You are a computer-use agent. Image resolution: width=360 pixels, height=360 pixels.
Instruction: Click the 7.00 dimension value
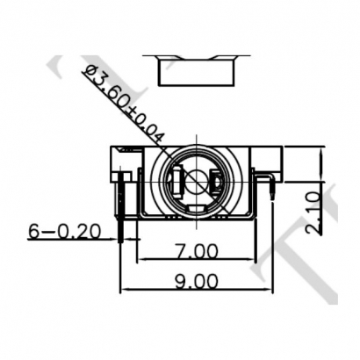pyautogui.click(x=196, y=250)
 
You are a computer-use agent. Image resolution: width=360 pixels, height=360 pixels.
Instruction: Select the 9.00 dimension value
pyautogui.click(x=195, y=281)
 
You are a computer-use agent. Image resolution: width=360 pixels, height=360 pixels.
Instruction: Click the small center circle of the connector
pyautogui.click(x=197, y=182)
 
